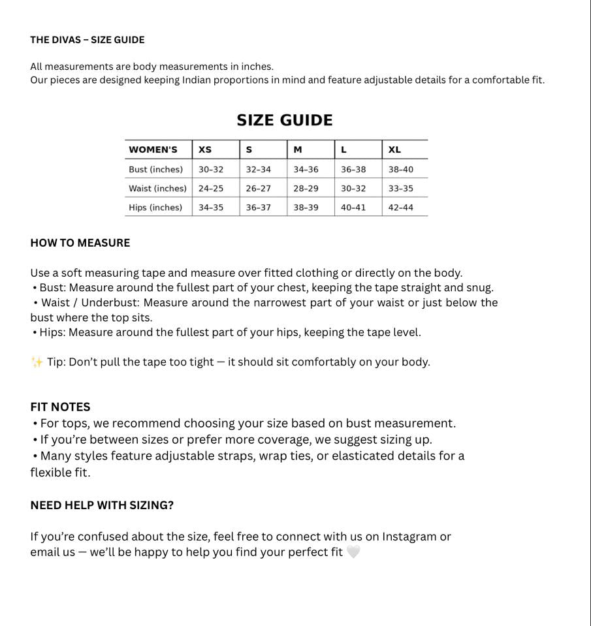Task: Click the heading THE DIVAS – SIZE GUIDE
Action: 88,40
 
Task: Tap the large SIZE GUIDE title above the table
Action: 285,120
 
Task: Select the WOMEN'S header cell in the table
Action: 153,149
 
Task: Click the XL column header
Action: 394,149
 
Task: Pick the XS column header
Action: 205,149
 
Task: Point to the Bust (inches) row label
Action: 155,169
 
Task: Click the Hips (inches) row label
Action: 155,208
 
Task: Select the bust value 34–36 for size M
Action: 306,169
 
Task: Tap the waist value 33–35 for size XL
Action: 400,189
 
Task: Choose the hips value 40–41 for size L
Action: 353,208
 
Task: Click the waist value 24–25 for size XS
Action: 211,189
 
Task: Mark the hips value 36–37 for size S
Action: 259,208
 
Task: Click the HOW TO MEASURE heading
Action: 80,243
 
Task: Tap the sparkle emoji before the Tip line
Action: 37,362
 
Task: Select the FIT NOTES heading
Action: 60,407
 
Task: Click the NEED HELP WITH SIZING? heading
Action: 102,505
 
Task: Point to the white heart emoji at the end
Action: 353,552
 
